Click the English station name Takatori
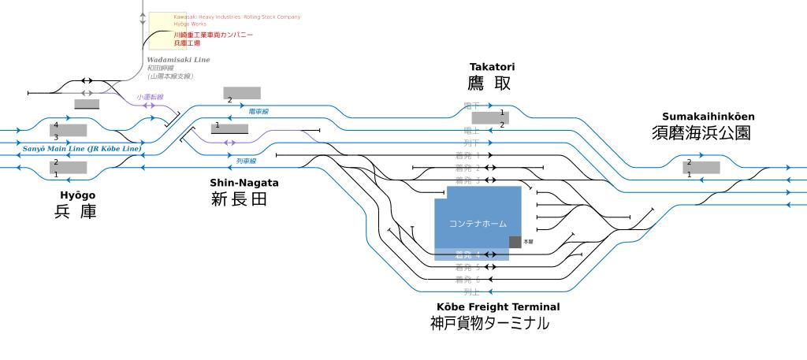492,67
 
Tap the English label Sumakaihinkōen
708,117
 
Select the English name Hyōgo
77,195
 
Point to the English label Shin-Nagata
244,183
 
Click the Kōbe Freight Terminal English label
498,306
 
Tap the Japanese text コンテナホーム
478,225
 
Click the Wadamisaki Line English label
178,60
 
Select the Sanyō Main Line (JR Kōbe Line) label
82,148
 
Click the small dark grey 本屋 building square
515,242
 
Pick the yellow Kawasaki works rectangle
161,30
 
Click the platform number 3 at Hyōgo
55,137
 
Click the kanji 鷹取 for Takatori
489,84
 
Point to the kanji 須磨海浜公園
701,133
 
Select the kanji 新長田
239,199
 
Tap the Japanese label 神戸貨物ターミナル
489,323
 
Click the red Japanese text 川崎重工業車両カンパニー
214,35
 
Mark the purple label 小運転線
149,97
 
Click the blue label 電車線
258,112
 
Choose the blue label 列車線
246,161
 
